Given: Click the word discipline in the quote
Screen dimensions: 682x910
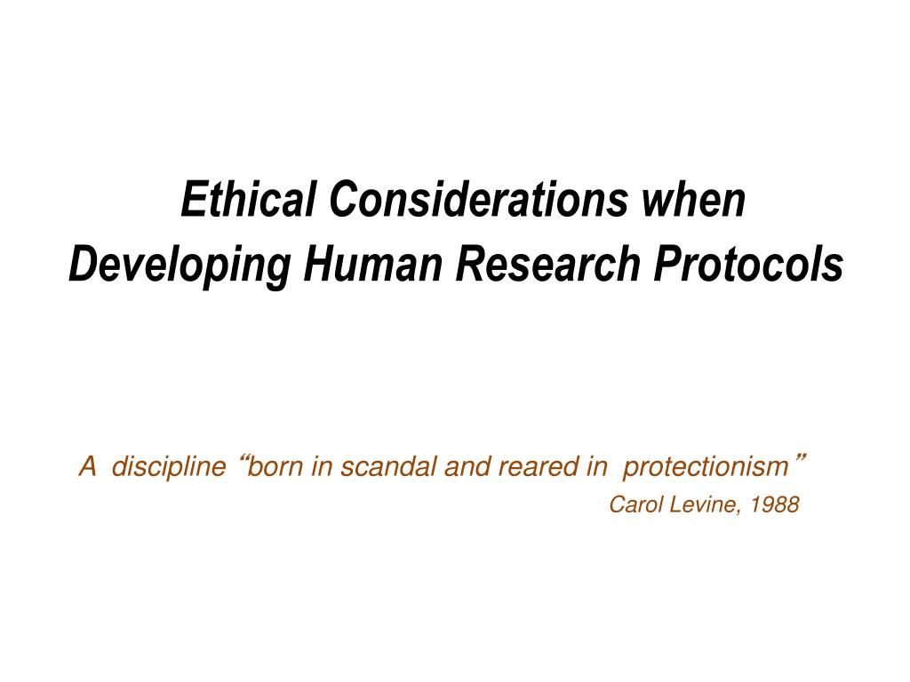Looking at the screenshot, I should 169,466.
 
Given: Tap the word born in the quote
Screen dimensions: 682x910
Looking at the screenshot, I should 275,466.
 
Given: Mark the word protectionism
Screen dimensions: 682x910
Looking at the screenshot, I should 706,467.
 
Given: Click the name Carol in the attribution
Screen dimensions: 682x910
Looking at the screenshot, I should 632,505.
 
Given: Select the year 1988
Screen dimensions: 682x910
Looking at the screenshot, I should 774,505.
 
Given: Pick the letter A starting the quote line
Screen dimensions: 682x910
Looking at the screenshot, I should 88,466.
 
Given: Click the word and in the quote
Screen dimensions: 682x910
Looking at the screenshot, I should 461,466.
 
